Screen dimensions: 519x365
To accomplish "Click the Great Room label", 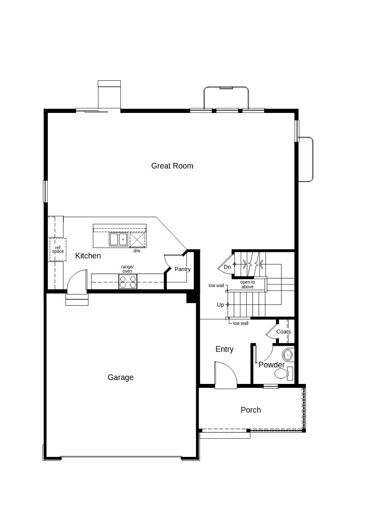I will coord(172,166).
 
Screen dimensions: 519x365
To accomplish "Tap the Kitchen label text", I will coord(88,256).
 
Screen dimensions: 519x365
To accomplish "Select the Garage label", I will coord(120,377).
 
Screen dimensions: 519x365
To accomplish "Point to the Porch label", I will coord(251,410).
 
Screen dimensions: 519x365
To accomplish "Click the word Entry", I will coord(224,349).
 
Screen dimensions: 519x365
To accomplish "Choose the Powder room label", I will coord(271,365).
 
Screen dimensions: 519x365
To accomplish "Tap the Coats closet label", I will coord(283,332).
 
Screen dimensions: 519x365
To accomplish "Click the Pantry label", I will coord(182,269).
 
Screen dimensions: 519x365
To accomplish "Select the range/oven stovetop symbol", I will coord(128,282).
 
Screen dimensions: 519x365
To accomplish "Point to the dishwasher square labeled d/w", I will coord(137,239).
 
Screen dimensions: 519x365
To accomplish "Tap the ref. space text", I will coord(58,250).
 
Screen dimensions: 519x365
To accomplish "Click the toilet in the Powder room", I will coord(282,374).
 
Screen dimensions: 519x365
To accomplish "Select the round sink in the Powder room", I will coord(288,355).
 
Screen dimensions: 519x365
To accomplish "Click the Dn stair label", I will coord(227,267).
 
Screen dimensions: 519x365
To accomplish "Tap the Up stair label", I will coord(220,305).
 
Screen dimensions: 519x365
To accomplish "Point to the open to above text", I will coord(247,284).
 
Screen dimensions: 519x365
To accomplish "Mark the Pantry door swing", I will coord(167,263).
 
